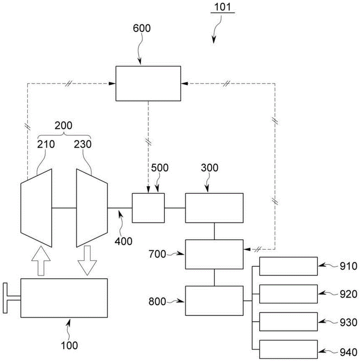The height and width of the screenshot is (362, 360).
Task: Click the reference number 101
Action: (x=223, y=7)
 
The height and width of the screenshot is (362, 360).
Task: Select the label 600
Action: (x=142, y=28)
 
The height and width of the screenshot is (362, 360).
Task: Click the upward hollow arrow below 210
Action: (x=41, y=261)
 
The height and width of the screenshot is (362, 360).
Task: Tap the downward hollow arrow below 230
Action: (x=87, y=261)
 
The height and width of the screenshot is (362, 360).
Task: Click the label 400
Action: (x=123, y=241)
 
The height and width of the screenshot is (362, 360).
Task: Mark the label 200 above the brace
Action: (x=63, y=125)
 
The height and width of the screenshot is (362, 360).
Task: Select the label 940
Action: (x=348, y=353)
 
